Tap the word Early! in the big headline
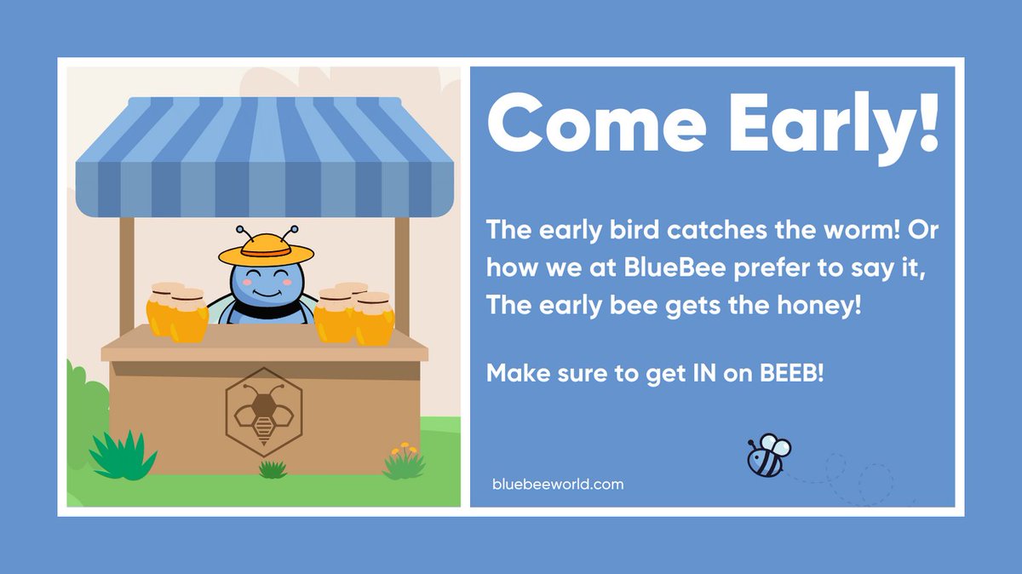[824, 125]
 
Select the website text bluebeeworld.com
[558, 485]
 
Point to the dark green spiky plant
[123, 456]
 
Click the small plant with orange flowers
[403, 462]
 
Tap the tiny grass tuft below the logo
[273, 469]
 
